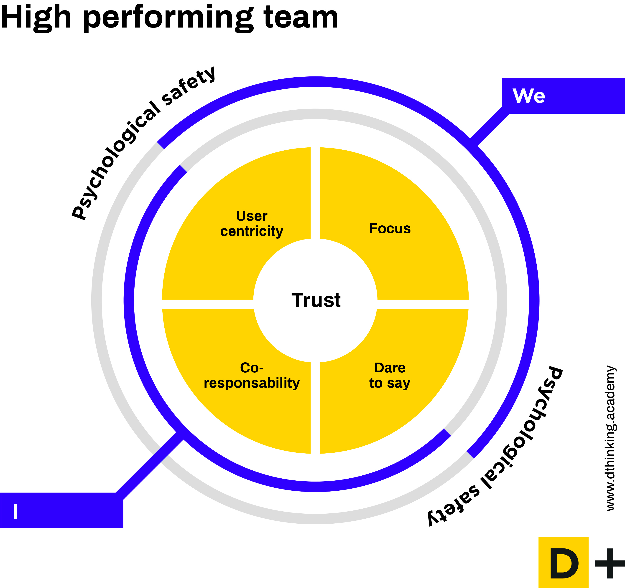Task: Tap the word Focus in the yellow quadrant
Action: coord(390,229)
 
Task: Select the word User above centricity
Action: coord(252,216)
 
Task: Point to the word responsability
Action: coord(252,383)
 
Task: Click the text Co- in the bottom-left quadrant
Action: coord(252,368)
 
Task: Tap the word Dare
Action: coord(390,368)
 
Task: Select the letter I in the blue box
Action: coord(15,511)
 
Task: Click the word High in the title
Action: coord(36,18)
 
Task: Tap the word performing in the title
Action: coord(168,19)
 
